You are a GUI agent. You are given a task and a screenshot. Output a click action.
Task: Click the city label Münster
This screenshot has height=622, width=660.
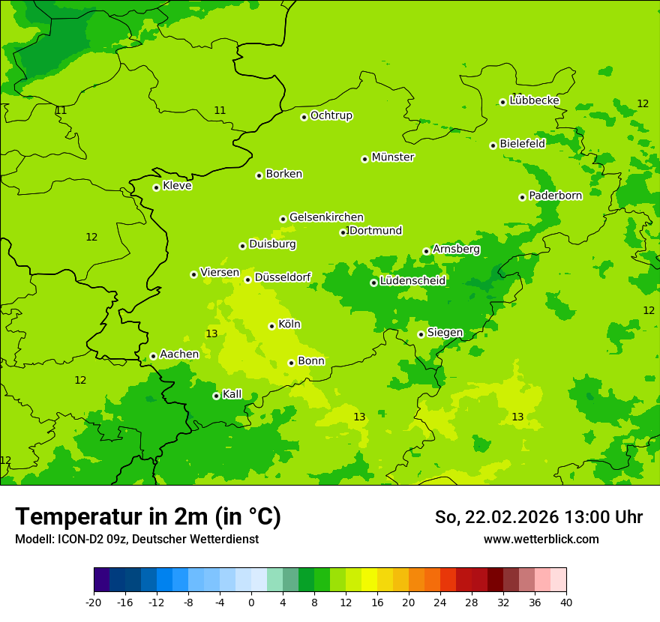point(393,157)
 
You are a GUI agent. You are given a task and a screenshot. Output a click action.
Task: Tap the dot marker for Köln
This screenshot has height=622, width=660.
point(271,326)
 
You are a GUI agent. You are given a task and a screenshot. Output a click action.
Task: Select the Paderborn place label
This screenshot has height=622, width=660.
point(555,196)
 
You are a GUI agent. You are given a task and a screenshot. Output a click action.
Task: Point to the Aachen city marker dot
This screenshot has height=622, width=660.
point(153,357)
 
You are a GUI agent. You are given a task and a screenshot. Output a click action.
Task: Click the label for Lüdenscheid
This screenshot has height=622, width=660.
point(412,281)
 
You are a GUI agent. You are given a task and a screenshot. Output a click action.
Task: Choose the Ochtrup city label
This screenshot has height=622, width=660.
point(331,115)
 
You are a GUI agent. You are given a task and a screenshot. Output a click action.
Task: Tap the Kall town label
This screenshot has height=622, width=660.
point(232,394)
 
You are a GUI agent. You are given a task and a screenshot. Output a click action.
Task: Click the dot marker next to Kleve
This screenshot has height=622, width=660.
point(156,187)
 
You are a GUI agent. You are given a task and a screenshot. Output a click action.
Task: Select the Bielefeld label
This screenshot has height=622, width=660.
point(522,143)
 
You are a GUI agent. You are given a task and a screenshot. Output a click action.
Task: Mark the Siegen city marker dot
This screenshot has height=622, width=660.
point(421,334)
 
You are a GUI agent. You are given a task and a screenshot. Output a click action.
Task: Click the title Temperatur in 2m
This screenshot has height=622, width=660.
point(148,517)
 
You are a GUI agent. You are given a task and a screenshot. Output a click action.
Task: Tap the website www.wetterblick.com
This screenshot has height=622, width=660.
point(541,540)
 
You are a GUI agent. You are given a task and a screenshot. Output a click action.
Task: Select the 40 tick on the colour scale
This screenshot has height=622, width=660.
point(566,602)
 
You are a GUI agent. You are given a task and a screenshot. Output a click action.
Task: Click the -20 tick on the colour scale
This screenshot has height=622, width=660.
point(94,602)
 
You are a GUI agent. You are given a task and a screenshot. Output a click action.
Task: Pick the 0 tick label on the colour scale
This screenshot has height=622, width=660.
point(251,602)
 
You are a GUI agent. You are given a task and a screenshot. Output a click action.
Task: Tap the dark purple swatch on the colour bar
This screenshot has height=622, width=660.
point(101,580)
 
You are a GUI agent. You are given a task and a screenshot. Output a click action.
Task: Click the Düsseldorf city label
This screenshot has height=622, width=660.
point(283,277)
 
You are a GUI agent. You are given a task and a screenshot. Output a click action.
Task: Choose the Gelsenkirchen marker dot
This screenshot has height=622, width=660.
point(283,219)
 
